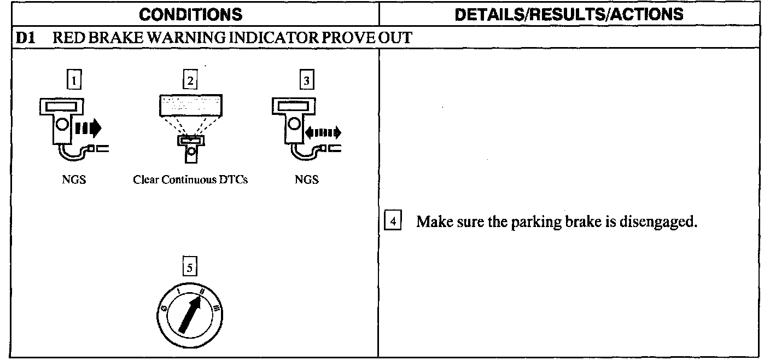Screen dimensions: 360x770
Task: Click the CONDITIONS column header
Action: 194,13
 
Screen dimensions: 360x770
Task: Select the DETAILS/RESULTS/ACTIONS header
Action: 569,13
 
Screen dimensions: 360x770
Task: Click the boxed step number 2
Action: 189,81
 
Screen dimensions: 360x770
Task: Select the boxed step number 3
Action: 306,81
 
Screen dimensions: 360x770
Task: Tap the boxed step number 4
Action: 393,223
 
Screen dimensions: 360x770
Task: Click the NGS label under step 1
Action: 74,179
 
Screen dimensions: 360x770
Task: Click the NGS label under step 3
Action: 306,179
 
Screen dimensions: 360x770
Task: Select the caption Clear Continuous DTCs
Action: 190,179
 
